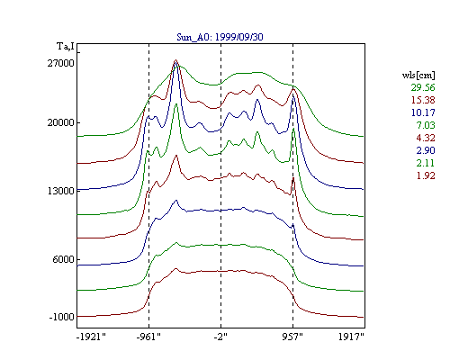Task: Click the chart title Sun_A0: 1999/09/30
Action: coord(220,37)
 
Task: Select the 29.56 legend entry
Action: coord(423,87)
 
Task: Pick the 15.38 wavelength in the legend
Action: coord(423,100)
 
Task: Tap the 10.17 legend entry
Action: coord(423,112)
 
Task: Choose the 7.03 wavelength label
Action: coord(426,125)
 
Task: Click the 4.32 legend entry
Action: coord(426,138)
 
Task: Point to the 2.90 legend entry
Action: coord(426,150)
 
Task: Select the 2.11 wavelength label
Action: coord(426,163)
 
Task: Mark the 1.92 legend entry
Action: coord(426,175)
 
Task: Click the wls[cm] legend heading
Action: coord(418,75)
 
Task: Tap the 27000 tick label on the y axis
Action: coord(60,63)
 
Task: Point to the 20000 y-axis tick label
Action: coord(60,122)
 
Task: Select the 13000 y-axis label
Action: coord(60,191)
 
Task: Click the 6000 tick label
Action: coord(63,259)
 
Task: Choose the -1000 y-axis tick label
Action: coord(62,317)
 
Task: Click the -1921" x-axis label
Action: coord(91,337)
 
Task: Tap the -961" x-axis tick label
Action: coord(148,337)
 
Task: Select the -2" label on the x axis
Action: coord(220,337)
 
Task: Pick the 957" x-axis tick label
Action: coord(292,337)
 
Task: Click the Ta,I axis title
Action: coord(66,47)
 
